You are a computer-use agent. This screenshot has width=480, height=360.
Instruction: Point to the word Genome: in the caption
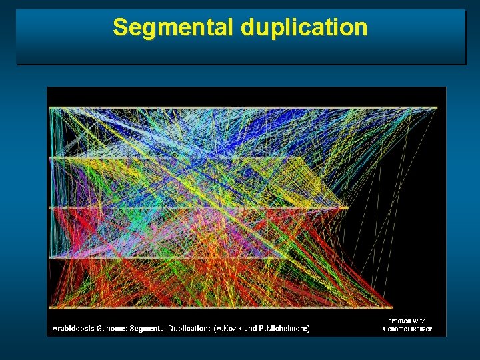click(x=113, y=328)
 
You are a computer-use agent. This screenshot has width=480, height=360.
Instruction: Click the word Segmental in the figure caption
click(x=149, y=328)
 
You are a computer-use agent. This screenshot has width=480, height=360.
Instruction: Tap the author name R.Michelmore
click(x=287, y=328)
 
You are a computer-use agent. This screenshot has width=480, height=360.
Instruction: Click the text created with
click(x=407, y=321)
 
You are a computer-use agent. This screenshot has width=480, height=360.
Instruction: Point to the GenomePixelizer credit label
click(x=407, y=329)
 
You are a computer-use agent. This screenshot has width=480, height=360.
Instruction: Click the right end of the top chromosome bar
click(x=436, y=108)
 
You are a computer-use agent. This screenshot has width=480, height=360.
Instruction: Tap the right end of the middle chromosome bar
click(x=347, y=208)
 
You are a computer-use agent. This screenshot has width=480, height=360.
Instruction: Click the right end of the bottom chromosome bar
click(x=391, y=307)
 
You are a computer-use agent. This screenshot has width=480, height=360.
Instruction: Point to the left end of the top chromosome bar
click(x=51, y=108)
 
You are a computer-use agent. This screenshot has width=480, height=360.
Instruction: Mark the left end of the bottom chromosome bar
click(x=51, y=307)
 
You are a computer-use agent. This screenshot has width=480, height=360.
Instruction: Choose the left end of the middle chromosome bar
click(x=51, y=208)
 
